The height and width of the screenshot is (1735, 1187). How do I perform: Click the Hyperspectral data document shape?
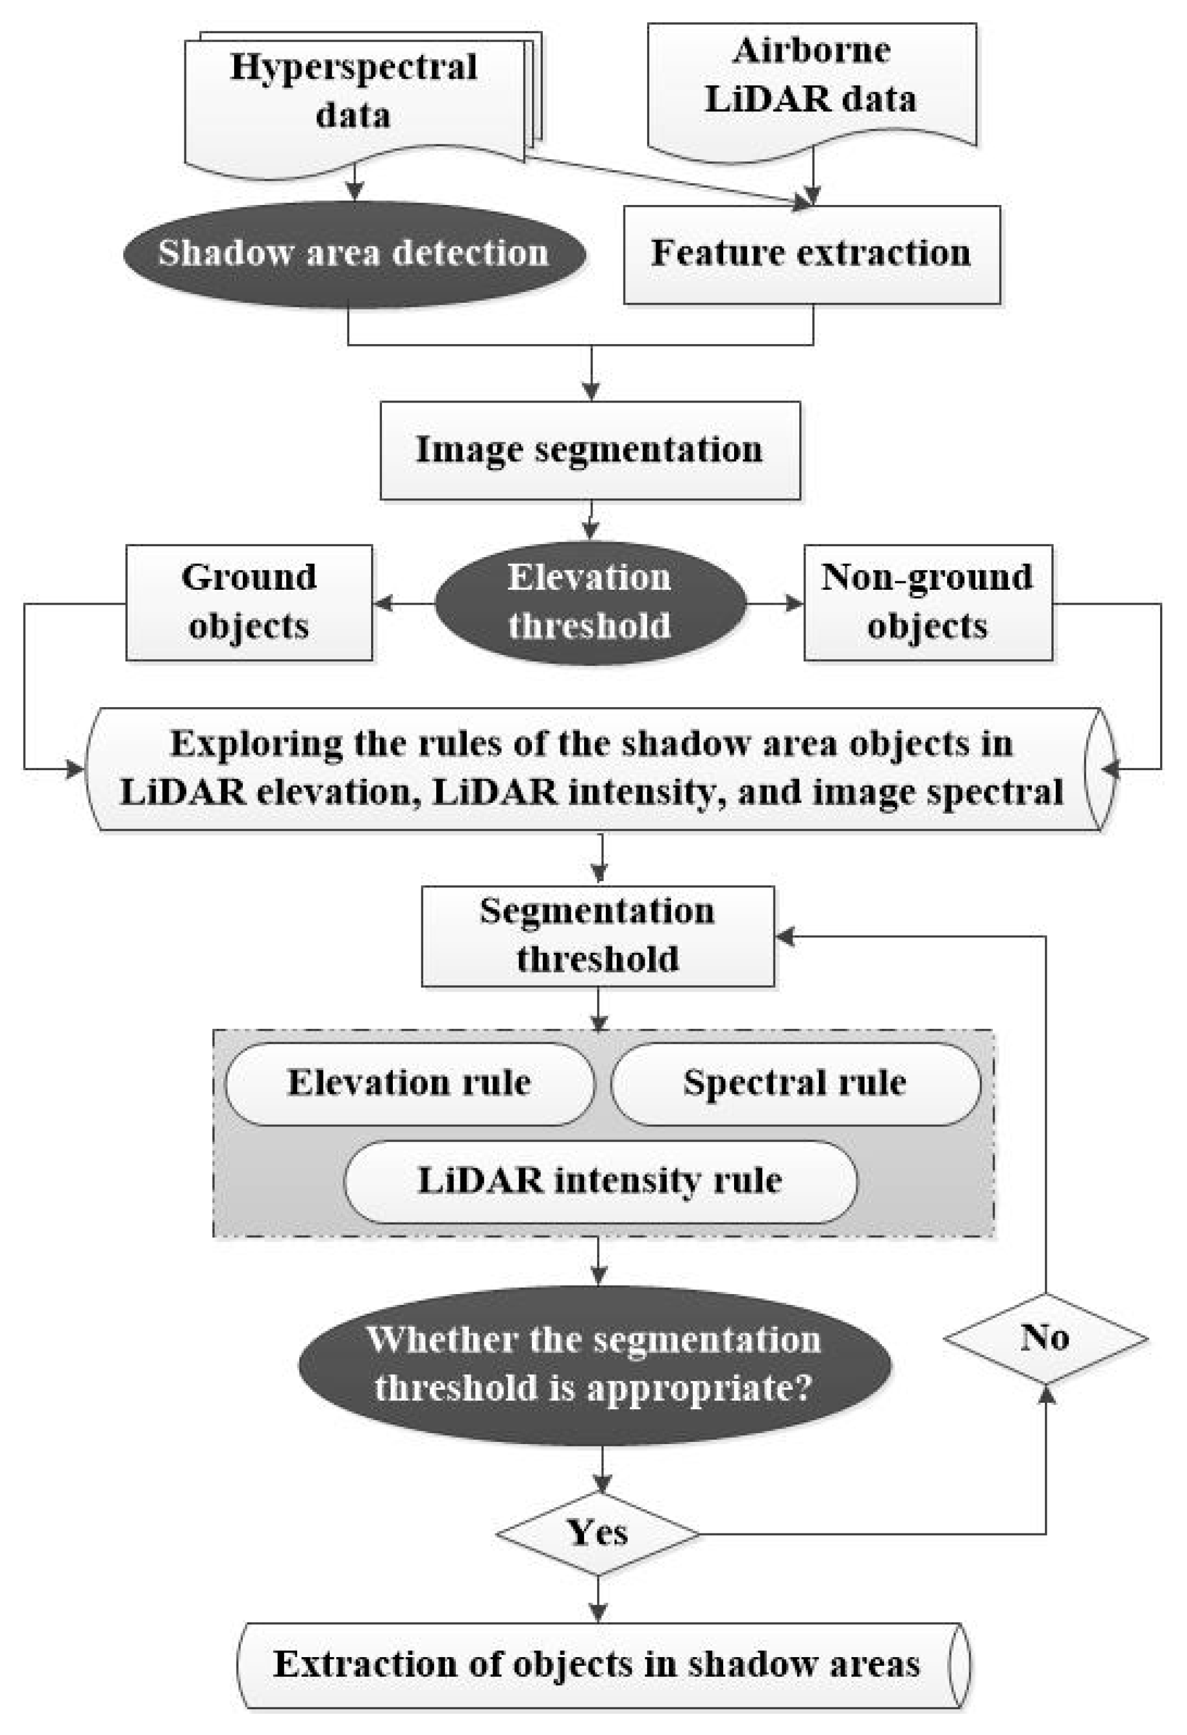(354, 93)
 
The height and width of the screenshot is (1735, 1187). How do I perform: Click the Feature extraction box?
(811, 254)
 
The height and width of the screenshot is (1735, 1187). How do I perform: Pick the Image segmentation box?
(590, 450)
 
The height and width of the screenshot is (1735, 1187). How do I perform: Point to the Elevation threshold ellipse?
(590, 602)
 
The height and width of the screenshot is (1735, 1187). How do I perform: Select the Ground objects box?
(249, 602)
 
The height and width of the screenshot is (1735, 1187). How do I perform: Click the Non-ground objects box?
(927, 602)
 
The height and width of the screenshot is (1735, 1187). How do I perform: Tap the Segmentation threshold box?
(597, 936)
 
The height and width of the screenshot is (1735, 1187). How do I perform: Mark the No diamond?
(1045, 1338)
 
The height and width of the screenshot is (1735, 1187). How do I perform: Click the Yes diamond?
(598, 1534)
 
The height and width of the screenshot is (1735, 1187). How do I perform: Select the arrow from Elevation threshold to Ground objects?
(404, 602)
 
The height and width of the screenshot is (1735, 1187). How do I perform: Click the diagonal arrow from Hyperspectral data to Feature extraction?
(664, 179)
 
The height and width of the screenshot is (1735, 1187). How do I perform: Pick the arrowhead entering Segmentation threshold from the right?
(786, 936)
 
